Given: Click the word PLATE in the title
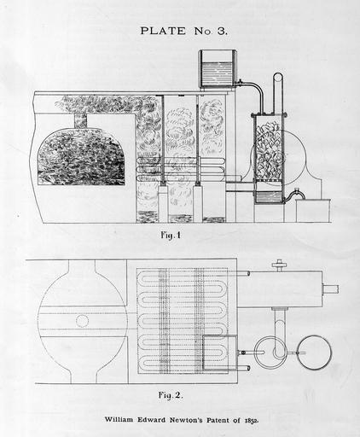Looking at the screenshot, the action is [163, 31].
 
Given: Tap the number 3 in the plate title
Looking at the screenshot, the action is [222, 31].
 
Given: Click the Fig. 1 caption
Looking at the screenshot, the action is [171, 236].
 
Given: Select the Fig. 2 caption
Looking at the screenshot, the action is [171, 395].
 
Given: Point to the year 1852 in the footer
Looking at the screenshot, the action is [251, 420].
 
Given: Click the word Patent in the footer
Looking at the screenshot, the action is [218, 420].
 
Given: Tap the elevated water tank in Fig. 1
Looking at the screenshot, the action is [218, 68].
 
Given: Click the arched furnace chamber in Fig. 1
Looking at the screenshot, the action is [81, 157].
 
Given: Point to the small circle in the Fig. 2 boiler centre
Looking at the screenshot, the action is [82, 321].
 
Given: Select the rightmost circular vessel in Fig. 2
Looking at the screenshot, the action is [314, 353].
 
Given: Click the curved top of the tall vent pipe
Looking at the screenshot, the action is [278, 75].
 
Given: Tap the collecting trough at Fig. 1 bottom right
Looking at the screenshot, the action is [313, 211].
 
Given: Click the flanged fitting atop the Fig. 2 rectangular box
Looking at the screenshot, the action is [278, 265].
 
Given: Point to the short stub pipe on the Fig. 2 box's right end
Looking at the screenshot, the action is [330, 289].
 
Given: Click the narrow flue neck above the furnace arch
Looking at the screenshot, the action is [80, 120].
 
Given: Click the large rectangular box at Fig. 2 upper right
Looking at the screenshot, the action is [280, 289].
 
